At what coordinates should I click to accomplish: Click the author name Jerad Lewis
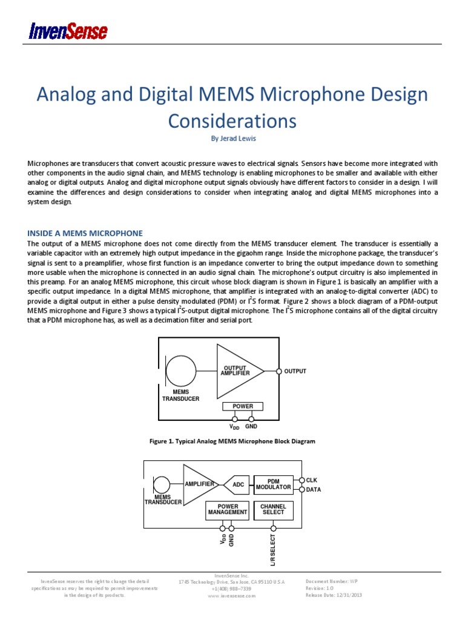(x=232, y=138)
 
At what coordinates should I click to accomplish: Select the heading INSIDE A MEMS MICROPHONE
(x=85, y=232)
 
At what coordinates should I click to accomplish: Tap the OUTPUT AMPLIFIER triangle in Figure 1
(x=238, y=371)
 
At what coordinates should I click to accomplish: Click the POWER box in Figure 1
(x=243, y=406)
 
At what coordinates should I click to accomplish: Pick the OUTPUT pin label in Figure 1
(x=295, y=371)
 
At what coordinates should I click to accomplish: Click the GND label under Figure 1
(x=251, y=427)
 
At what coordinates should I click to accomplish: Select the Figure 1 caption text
(x=232, y=441)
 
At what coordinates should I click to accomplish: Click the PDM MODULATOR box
(x=273, y=484)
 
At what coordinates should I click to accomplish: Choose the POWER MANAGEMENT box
(x=227, y=509)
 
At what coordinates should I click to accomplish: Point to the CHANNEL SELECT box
(x=273, y=509)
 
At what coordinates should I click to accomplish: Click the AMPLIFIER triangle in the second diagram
(x=199, y=484)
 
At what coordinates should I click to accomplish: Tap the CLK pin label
(x=312, y=480)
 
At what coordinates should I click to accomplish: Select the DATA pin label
(x=313, y=489)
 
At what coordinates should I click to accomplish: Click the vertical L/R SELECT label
(x=273, y=550)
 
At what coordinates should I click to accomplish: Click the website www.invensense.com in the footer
(x=232, y=596)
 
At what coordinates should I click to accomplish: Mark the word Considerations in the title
(x=232, y=121)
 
